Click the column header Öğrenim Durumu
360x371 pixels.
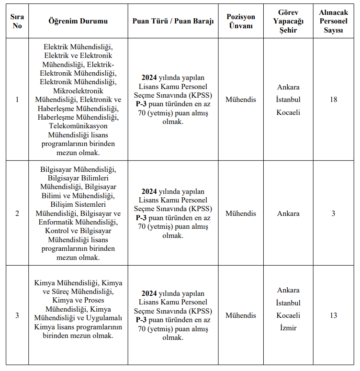point(78,21)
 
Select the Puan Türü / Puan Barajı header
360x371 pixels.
point(173,21)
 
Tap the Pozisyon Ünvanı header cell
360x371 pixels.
point(241,21)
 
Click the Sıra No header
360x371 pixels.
point(17,21)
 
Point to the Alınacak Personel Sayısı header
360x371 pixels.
point(334,21)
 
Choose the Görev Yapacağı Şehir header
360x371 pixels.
point(288,21)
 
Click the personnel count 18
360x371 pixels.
point(334,100)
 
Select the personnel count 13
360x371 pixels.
point(334,315)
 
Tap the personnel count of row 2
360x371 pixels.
point(334,214)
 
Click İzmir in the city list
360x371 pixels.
point(288,328)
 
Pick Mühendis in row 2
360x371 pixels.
point(241,214)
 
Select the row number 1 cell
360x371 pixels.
point(17,100)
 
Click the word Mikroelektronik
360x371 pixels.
point(78,90)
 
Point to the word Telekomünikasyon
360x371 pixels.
point(78,126)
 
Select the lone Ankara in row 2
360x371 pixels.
point(288,214)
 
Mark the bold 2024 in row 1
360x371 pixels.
point(149,78)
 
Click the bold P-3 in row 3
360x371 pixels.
point(141,320)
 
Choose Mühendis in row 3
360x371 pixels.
point(241,315)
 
